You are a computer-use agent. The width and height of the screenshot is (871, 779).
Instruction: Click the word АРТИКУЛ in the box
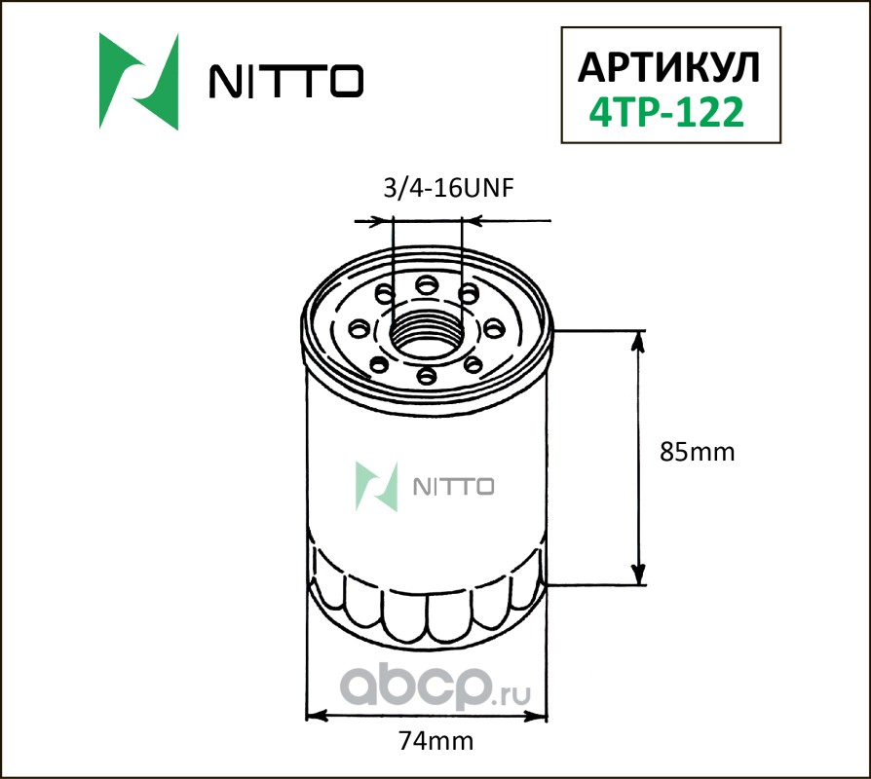click(x=668, y=68)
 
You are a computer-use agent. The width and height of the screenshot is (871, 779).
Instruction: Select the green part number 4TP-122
click(x=666, y=112)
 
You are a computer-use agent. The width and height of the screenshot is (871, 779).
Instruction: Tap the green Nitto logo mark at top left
click(x=139, y=82)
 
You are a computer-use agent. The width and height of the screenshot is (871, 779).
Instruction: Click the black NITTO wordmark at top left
click(x=286, y=81)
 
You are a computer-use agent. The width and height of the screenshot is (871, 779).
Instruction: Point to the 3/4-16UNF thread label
click(x=449, y=188)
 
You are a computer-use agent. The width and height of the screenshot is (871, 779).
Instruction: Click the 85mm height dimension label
click(x=698, y=452)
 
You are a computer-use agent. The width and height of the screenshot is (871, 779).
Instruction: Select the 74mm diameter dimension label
click(x=436, y=741)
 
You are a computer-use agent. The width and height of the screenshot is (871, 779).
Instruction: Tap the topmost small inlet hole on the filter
click(x=427, y=285)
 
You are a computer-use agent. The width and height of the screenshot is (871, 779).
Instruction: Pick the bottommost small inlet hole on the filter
click(x=427, y=376)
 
